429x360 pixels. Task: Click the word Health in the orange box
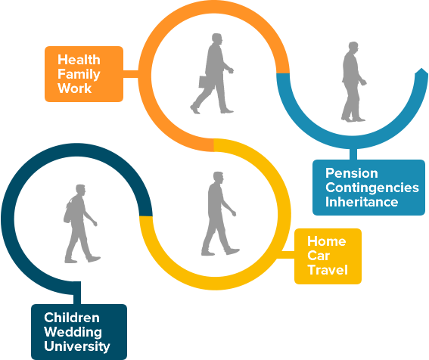[79, 60]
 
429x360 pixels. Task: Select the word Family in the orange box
[79, 75]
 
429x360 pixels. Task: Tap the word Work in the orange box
[74, 88]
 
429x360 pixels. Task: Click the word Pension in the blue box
[352, 173]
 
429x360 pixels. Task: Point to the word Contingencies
[372, 188]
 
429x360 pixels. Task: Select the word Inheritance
[362, 202]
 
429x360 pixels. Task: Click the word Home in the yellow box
[327, 241]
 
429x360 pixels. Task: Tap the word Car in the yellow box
[319, 256]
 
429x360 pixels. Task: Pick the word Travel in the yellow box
[328, 270]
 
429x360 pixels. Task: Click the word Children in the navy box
[72, 318]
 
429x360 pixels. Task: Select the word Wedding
[73, 332]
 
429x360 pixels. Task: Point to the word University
[77, 346]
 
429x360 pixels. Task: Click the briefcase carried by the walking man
[207, 82]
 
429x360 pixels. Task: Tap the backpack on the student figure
[68, 211]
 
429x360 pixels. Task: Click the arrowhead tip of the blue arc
[422, 68]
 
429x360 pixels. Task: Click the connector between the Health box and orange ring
[131, 74]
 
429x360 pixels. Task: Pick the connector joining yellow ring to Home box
[286, 255]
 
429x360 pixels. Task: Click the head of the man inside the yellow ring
[219, 178]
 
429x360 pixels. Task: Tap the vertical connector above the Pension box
[353, 154]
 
